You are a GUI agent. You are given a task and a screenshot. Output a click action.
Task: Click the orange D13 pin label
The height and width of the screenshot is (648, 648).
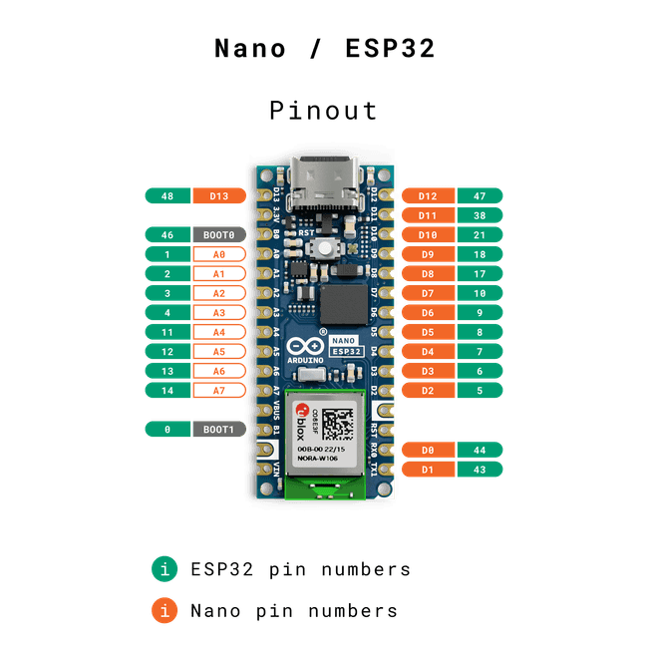[219, 196]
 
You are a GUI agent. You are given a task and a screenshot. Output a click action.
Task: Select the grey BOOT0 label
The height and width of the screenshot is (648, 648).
[219, 235]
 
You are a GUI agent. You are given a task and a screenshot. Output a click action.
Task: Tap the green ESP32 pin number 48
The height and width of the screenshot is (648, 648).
[167, 196]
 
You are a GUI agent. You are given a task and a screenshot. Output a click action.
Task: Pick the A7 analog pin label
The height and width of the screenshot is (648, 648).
[219, 390]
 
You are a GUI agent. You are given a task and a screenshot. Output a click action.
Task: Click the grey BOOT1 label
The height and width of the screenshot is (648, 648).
[219, 429]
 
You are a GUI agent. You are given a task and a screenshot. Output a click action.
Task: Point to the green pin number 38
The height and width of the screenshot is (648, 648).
[480, 215]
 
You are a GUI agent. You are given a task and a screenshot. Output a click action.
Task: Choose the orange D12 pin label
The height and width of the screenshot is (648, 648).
[428, 196]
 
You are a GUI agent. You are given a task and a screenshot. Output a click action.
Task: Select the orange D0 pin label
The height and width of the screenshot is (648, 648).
[428, 450]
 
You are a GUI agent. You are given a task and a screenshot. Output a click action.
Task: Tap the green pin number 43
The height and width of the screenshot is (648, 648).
[480, 469]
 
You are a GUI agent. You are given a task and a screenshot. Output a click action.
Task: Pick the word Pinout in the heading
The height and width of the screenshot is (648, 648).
[324, 110]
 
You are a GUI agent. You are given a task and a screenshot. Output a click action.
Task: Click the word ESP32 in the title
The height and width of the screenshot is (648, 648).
[387, 49]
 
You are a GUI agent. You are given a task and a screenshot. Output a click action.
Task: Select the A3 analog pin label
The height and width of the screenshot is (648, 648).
[219, 312]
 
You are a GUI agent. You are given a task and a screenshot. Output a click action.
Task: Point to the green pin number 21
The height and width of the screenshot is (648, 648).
[480, 235]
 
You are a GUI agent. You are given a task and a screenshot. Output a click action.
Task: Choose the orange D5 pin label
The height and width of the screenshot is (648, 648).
[428, 332]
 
